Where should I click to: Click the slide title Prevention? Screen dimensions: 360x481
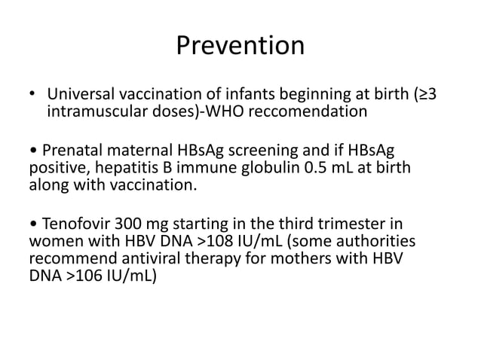(x=240, y=47)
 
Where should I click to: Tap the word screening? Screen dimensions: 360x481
(x=274, y=148)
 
